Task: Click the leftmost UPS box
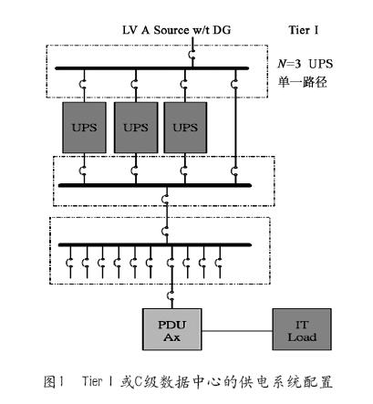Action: click(84, 128)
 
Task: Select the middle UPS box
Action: click(136, 128)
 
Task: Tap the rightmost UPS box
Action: click(185, 128)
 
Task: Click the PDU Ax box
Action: click(172, 329)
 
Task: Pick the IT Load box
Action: click(302, 329)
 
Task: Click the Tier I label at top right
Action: click(304, 30)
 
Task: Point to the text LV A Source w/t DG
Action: click(176, 30)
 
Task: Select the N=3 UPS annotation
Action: click(306, 64)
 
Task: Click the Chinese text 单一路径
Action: click(302, 82)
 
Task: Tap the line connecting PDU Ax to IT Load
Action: click(237, 331)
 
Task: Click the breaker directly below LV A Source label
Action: click(192, 55)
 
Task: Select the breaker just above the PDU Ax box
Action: click(171, 295)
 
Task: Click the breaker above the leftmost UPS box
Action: click(82, 84)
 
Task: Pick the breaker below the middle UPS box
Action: click(134, 171)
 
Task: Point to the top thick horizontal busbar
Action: click(152, 68)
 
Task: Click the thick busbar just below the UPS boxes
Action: click(155, 185)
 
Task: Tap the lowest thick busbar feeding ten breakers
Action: click(155, 244)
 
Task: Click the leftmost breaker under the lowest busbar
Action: click(69, 263)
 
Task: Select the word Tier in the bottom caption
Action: click(92, 381)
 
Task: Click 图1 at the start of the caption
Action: click(54, 382)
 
